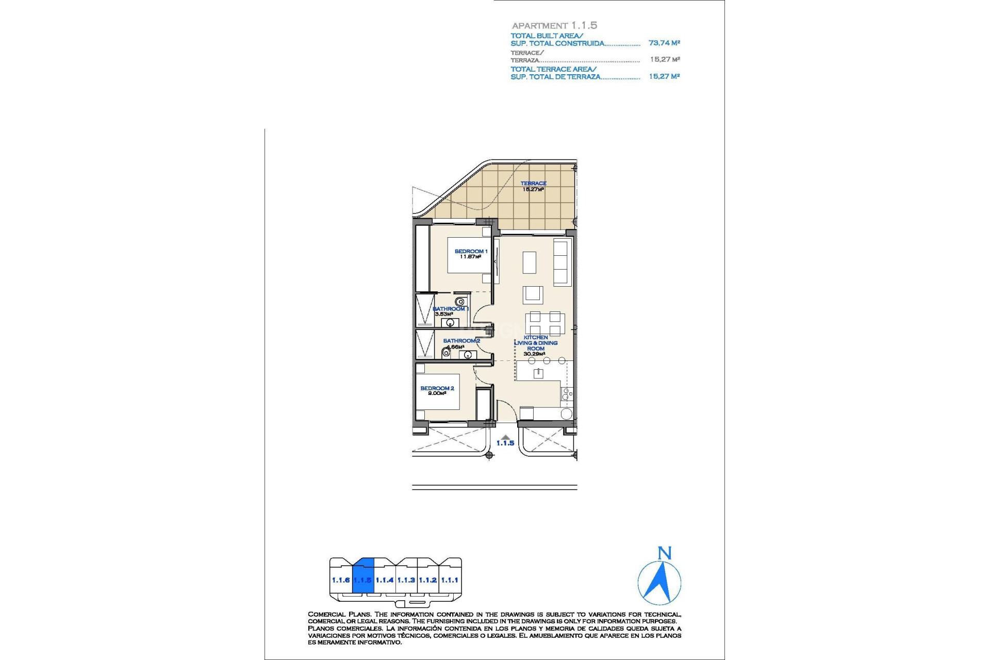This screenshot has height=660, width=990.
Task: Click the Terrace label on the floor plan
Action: (533, 184)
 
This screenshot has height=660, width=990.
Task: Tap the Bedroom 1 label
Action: (470, 252)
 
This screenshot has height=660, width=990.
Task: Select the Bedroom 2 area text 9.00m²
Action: (437, 393)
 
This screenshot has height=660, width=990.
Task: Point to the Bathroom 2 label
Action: (461, 341)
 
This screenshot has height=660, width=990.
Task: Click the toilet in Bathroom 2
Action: (445, 353)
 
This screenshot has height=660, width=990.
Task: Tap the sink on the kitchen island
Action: (538, 373)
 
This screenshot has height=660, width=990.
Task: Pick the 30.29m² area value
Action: (534, 354)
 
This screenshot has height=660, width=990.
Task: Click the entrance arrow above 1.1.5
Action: (505, 437)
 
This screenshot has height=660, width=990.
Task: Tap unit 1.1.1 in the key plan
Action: (450, 580)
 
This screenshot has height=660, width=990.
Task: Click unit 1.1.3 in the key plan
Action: (406, 580)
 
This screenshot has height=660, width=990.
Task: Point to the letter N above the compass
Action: (665, 553)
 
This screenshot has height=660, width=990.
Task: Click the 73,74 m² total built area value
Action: (664, 43)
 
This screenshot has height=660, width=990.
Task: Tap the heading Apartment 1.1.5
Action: (554, 25)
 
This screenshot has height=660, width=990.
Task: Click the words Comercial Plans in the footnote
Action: (340, 614)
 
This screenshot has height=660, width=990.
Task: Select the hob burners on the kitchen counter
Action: (566, 394)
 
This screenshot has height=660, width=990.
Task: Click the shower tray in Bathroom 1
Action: (425, 310)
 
